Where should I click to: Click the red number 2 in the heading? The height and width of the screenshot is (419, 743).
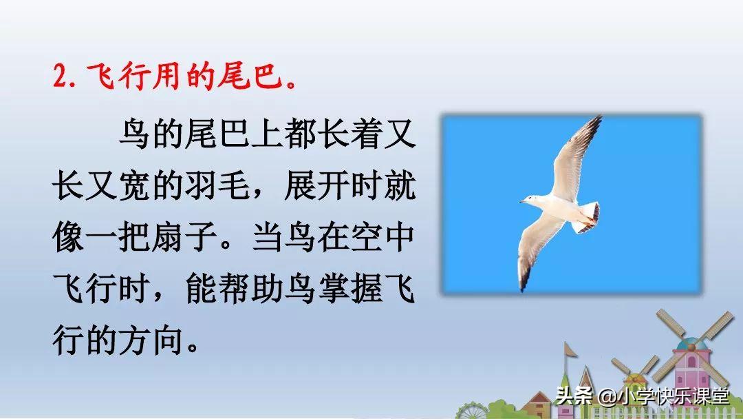coord(61,76)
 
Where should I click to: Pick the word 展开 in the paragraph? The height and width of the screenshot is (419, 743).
coord(316,185)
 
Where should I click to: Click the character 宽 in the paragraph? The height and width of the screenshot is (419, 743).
coord(135,185)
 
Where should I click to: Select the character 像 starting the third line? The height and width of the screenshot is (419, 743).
coord(69,236)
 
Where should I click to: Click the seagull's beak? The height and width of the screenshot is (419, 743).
coord(522,202)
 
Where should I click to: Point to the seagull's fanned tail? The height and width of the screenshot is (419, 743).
coord(588,216)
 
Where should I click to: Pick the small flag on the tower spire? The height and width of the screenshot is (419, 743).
coord(570,349)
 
